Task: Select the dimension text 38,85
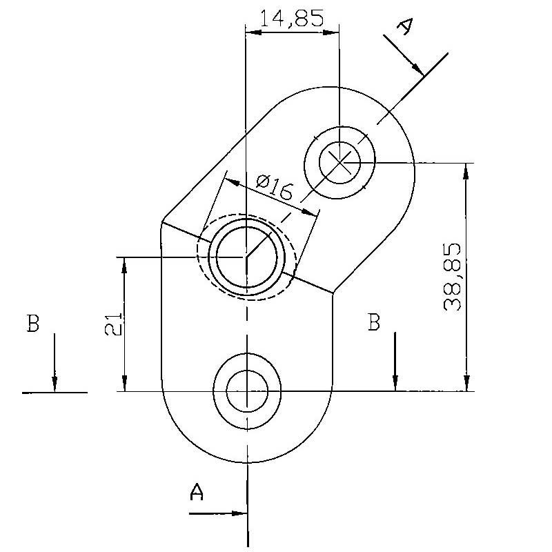coord(453,277)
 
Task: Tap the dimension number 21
coord(113,323)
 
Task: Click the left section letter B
coord(32,323)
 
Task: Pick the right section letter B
coord(373,322)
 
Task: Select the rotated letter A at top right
coord(406,26)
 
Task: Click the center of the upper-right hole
coord(339,163)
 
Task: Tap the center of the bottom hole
coord(247,391)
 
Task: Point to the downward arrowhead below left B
coord(55,385)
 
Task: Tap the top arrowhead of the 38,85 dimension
coord(467,170)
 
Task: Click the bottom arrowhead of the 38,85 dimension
coord(467,384)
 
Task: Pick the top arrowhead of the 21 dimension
coord(124,264)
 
